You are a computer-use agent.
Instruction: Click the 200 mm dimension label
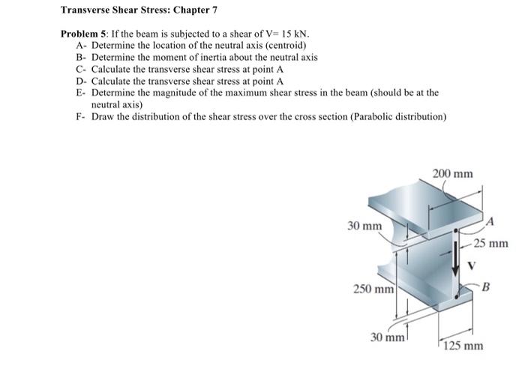click(x=454, y=175)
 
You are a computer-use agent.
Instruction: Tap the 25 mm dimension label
click(x=491, y=243)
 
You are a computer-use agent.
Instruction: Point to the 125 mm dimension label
click(x=463, y=346)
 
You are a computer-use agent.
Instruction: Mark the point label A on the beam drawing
click(x=491, y=220)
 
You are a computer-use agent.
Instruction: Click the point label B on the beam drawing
click(x=485, y=286)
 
